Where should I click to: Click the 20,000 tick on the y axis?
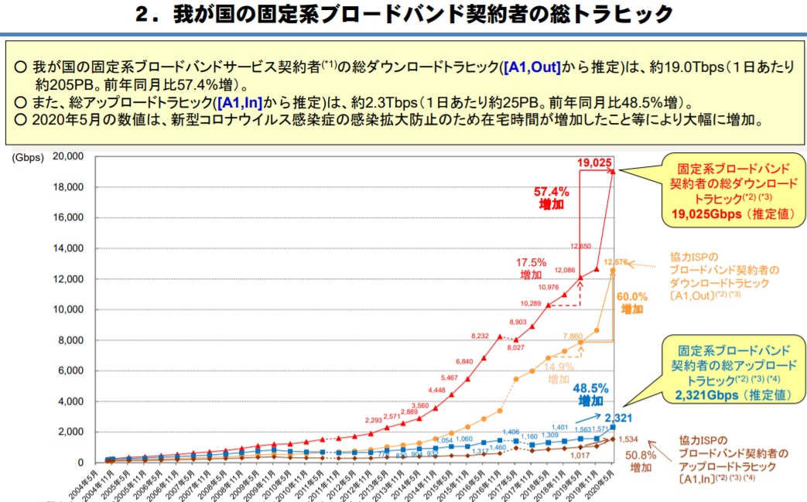[68, 157]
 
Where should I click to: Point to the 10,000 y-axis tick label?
[68, 309]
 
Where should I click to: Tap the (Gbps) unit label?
[26, 157]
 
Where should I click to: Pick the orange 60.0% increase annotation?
[631, 302]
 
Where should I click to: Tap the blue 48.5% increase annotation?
[590, 394]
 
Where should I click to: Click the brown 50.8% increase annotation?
[638, 462]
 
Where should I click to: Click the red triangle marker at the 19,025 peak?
[613, 171]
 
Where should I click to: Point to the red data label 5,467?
[448, 377]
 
